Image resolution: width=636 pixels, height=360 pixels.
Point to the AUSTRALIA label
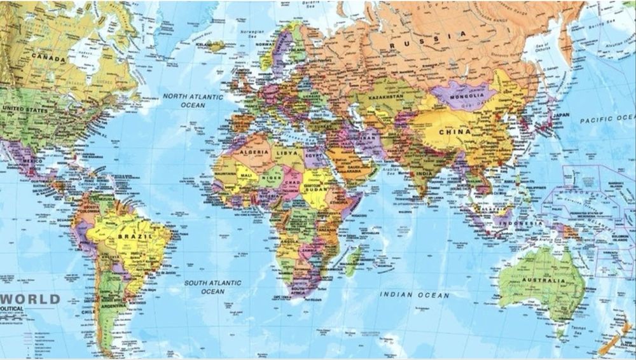[543, 280]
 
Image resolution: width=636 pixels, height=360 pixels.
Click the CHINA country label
[455, 132]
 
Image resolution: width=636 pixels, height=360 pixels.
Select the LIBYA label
[286, 153]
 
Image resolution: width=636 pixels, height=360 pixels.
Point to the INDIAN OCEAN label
[415, 295]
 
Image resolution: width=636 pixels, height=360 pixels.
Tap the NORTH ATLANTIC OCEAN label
[193, 100]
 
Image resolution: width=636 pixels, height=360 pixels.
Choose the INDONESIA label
[520, 223]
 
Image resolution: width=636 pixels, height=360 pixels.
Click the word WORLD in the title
[32, 299]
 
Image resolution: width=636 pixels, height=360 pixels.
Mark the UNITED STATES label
[24, 109]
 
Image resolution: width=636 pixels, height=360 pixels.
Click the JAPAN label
[560, 115]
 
